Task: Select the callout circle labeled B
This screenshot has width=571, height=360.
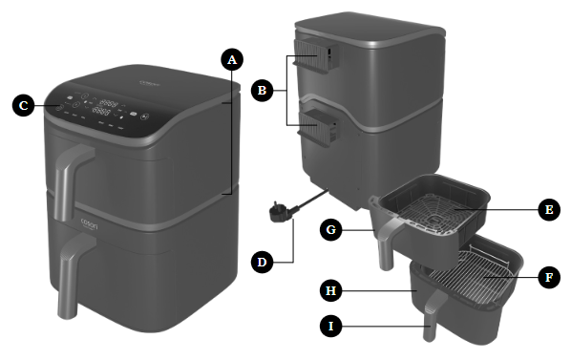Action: pos(259,92)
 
